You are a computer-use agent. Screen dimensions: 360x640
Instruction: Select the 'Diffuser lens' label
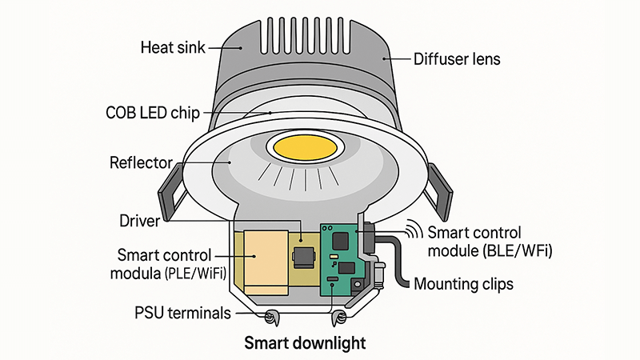(x=457, y=58)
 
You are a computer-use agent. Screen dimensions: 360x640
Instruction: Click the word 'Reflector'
(x=140, y=163)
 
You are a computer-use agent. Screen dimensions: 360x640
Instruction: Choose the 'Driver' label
(x=139, y=218)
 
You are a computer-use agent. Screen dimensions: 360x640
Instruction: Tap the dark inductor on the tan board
(x=305, y=257)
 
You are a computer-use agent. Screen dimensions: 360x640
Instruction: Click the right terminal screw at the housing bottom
(x=342, y=318)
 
